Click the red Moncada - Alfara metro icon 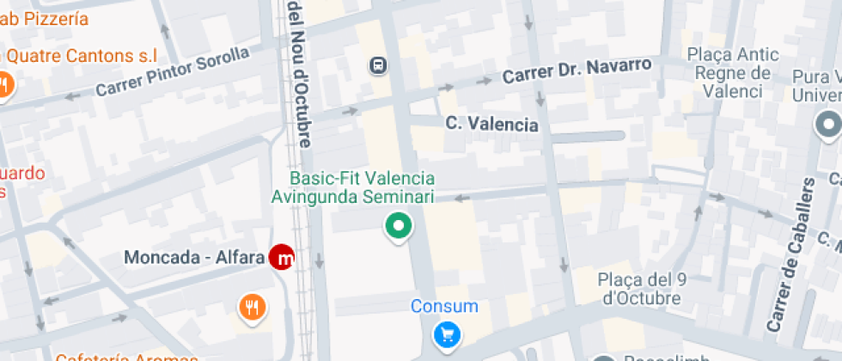point(282,257)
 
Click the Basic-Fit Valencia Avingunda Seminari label point(353,187)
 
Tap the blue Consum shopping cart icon point(446,334)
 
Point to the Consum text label point(444,306)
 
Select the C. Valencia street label point(491,125)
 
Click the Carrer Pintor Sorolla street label point(172,72)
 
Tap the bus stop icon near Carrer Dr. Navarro point(378,65)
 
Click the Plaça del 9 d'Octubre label point(640,289)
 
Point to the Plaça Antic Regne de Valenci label point(733,73)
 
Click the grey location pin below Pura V point(828,126)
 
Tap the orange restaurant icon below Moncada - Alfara point(251,306)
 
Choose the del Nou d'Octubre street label point(300,73)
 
